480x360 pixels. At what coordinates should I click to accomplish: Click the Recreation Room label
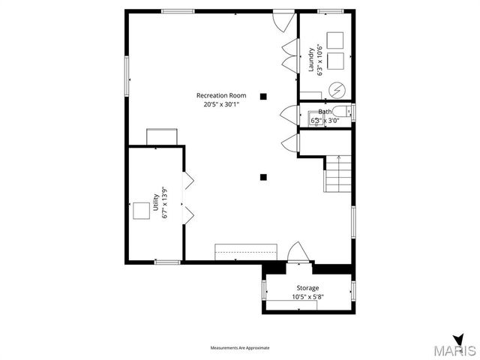click(221, 95)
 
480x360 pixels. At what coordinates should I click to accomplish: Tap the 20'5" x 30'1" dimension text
click(221, 105)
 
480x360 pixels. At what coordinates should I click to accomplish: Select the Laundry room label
click(310, 61)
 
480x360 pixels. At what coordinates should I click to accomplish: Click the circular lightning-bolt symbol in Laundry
click(337, 88)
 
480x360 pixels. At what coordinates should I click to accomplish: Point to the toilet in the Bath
click(342, 114)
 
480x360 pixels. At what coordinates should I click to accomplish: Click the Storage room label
click(307, 288)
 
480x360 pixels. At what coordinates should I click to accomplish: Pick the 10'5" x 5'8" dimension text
click(307, 297)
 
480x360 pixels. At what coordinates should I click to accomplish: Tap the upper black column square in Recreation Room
click(263, 96)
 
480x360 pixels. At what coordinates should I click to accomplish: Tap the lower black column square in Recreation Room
click(263, 178)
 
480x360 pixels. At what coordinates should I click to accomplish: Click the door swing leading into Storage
click(296, 253)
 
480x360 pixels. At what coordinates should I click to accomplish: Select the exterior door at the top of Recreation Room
click(283, 19)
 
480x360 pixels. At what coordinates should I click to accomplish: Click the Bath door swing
click(287, 115)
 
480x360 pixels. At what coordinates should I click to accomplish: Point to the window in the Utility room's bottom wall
click(166, 262)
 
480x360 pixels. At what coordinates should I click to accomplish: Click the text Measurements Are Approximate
click(239, 348)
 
